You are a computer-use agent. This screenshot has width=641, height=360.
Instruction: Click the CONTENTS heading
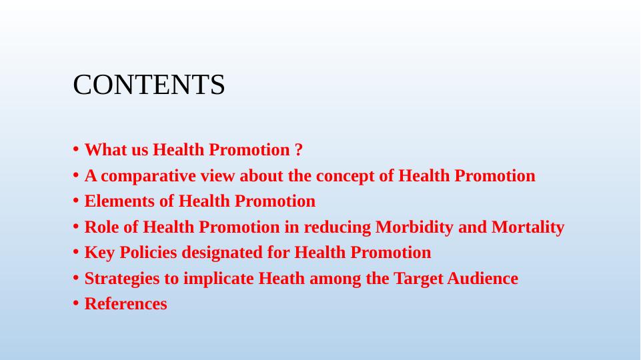[149, 85]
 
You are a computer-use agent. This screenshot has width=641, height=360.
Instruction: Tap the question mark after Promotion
[298, 149]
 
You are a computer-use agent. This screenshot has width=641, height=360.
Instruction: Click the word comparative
[148, 176]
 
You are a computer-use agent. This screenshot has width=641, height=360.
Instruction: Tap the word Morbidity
[414, 227]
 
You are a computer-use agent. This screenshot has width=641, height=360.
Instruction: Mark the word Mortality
[528, 227]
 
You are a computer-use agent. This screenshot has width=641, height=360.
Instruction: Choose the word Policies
[148, 253]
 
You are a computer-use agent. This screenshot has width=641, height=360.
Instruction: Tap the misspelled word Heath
[281, 278]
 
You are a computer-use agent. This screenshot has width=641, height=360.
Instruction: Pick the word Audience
[482, 278]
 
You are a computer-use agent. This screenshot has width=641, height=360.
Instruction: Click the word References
[126, 304]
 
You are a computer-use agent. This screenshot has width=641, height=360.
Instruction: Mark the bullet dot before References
[75, 304]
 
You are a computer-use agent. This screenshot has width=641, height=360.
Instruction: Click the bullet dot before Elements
[75, 201]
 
